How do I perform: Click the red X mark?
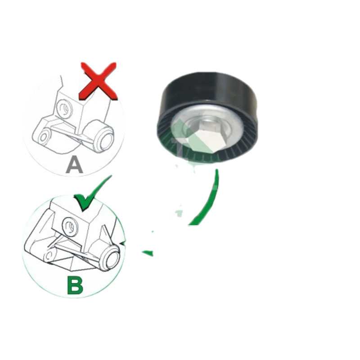point(98,81)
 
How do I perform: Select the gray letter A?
point(74,164)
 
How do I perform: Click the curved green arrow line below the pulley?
point(207,200)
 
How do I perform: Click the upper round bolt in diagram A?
point(64,108)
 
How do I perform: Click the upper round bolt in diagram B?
point(70,226)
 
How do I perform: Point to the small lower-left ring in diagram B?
point(49,256)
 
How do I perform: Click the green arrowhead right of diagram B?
point(148,253)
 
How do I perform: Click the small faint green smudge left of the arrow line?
point(179,213)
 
